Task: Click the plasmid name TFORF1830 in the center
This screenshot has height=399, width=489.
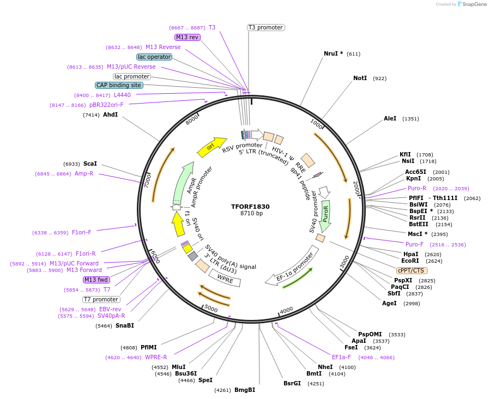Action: click(x=250, y=207)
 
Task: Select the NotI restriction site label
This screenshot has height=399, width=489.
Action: click(x=360, y=78)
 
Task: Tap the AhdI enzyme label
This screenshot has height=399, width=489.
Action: click(x=110, y=115)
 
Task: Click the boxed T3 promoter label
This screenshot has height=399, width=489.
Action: click(x=265, y=27)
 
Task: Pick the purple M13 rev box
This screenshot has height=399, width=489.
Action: click(x=188, y=37)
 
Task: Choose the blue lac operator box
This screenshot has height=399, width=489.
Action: click(x=154, y=57)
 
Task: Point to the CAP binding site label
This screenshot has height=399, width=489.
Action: click(x=119, y=85)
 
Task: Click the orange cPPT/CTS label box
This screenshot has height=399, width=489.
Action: click(x=412, y=270)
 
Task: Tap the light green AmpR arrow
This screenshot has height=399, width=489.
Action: click(x=184, y=183)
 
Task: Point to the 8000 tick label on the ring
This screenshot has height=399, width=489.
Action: click(x=192, y=119)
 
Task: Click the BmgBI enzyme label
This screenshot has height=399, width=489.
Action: click(x=244, y=390)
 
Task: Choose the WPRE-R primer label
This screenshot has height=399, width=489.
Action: click(x=156, y=358)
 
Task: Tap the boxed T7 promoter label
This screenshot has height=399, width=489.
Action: click(x=101, y=299)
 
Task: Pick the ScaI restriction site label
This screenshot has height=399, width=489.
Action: click(x=90, y=164)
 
